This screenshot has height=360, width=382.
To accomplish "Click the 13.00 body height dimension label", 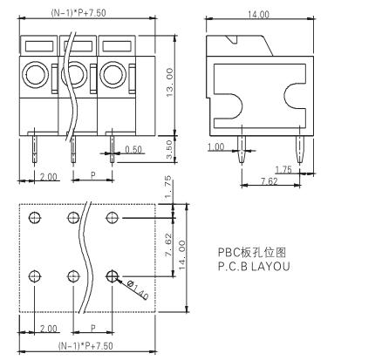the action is coord(169,83).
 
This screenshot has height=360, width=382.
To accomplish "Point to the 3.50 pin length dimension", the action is coord(169,149).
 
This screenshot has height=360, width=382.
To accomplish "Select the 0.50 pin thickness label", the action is coord(133,149).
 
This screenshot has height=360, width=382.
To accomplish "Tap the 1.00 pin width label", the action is coord(216,147).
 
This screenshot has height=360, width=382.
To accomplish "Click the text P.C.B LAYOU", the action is coord(254,267).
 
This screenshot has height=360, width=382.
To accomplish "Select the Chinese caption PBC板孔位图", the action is coord(252,252).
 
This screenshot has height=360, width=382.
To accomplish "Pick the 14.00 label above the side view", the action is coord(258,14).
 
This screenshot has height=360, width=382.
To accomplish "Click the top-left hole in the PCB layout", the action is coord(35,217).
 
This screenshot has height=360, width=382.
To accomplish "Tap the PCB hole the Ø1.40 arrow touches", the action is coord(113,276).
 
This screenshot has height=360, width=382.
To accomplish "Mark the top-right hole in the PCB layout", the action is coord(113,217).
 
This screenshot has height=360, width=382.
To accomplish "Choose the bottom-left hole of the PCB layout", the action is coord(35,276).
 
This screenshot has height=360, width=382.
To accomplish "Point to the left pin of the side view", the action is coord(242,149).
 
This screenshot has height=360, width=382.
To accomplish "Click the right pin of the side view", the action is coord(300,149).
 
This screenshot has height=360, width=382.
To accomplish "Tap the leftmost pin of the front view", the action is coord(35,149).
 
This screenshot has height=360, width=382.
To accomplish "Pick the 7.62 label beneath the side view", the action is coord(269,181).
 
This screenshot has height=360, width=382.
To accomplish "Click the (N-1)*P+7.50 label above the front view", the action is coord(78,13).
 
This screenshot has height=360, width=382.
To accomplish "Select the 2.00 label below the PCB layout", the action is coord(48,329).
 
